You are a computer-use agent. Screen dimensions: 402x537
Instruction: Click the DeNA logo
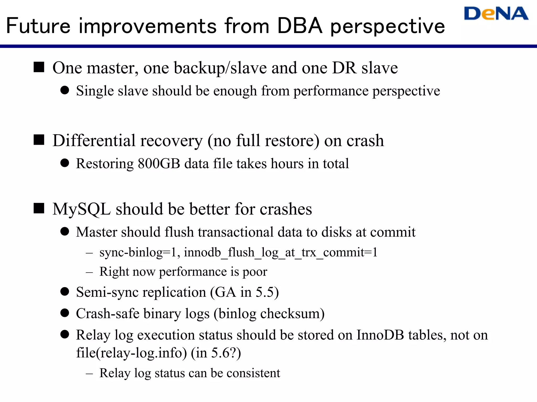click(x=496, y=14)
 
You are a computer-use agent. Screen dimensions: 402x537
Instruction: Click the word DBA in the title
click(x=299, y=26)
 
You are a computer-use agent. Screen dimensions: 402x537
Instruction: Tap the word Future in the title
click(x=38, y=26)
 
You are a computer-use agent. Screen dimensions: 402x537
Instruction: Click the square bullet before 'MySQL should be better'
click(x=39, y=208)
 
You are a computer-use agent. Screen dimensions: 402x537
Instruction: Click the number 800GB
click(x=159, y=164)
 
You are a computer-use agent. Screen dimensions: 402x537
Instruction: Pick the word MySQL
click(x=82, y=209)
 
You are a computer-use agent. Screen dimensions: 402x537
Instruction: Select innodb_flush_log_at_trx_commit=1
click(x=281, y=253)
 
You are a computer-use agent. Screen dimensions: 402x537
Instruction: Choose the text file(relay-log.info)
click(x=131, y=353)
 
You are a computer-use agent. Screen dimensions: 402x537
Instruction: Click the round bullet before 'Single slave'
click(x=65, y=90)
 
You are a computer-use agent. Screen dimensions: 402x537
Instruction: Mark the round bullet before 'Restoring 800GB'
click(x=65, y=163)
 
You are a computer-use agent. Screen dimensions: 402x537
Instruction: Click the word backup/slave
click(x=220, y=68)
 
